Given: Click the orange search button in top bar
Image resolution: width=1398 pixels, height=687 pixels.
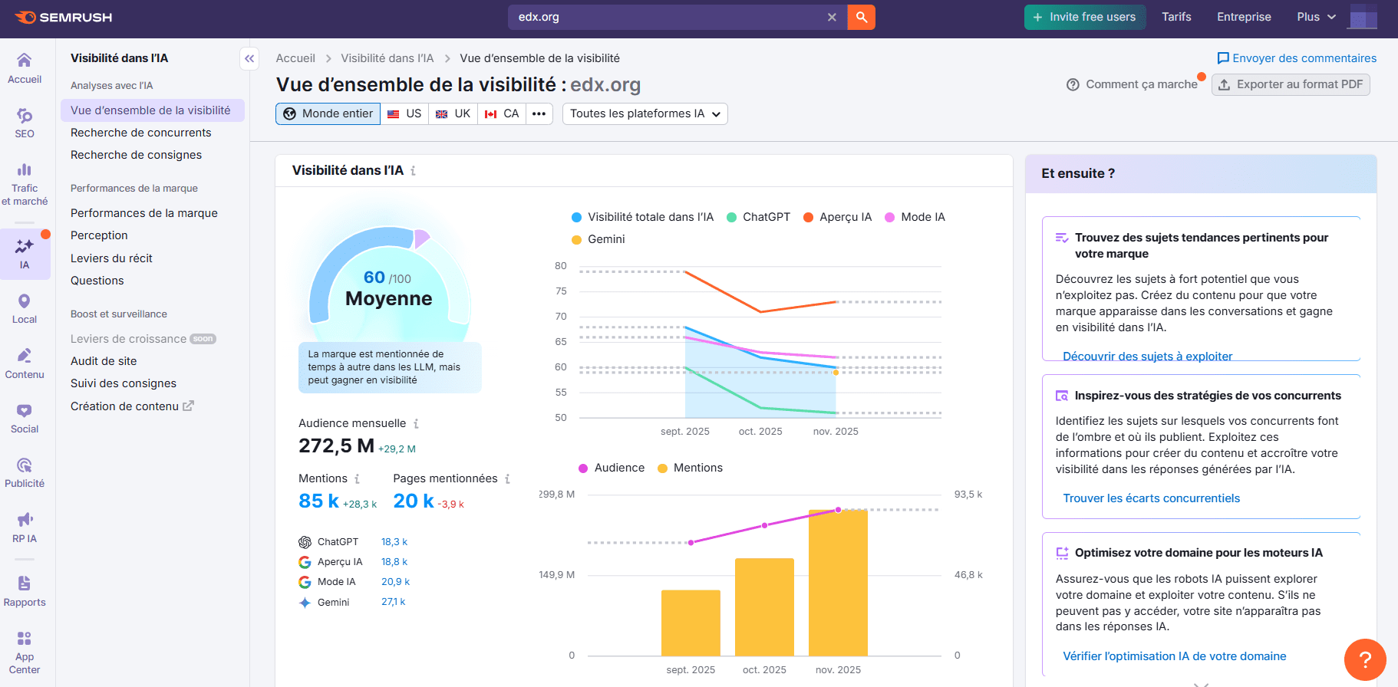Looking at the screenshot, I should (x=861, y=17).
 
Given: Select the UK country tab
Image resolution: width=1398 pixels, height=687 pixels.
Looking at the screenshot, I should (x=453, y=113).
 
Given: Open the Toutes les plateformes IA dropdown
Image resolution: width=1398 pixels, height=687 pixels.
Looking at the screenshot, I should (x=645, y=113).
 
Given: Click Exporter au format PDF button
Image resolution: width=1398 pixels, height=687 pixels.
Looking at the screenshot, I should (x=1291, y=84).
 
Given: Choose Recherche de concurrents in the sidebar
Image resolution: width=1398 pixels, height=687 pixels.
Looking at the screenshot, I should (x=140, y=133).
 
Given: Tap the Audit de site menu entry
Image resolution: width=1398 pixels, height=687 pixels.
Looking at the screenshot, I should (x=104, y=361).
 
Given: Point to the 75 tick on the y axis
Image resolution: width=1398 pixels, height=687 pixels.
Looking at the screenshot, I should (x=561, y=291).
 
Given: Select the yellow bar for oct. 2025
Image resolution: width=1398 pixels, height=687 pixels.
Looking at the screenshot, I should (x=764, y=606).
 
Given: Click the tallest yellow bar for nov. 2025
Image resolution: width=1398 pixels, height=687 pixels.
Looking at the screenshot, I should (x=838, y=583).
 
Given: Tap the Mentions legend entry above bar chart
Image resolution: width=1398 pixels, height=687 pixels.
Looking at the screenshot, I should (x=697, y=468).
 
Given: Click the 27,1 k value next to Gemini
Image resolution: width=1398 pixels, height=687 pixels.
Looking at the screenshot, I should (x=393, y=602).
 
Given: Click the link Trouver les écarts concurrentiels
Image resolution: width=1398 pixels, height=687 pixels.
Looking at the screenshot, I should (x=1151, y=498).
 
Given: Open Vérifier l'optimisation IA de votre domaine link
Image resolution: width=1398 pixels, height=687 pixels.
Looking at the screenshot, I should (x=1174, y=656).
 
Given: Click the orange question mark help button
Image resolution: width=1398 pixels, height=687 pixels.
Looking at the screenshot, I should (x=1364, y=659).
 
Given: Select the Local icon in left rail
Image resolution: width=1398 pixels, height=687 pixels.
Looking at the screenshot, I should (x=25, y=308).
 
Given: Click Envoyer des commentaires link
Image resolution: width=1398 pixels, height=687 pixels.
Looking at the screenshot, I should (x=1304, y=58).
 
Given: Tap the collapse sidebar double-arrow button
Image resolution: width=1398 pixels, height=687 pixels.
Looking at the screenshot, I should (x=249, y=58).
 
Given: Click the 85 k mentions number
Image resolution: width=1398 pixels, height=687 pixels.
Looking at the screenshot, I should (x=318, y=501).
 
